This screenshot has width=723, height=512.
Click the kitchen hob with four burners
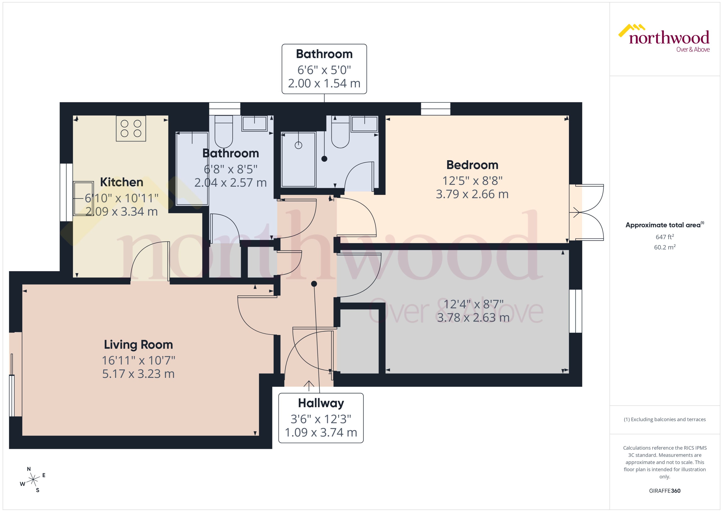pos(131,128)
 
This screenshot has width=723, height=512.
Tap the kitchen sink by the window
pos(83,198)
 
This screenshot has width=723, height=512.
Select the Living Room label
pos(138,345)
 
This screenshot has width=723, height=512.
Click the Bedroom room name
pos(472,165)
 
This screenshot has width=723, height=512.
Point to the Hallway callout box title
pos(321,403)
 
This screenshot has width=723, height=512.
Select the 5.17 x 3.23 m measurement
pos(138,374)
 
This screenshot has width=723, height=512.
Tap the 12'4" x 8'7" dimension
pos(473,304)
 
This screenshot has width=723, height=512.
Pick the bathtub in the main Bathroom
pos(192,169)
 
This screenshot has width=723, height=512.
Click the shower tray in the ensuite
pos(298,160)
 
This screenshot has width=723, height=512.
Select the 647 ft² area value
pos(664,237)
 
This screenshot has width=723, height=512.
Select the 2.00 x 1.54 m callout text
pos(324,84)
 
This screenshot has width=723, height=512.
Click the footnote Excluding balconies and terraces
pos(664,419)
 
